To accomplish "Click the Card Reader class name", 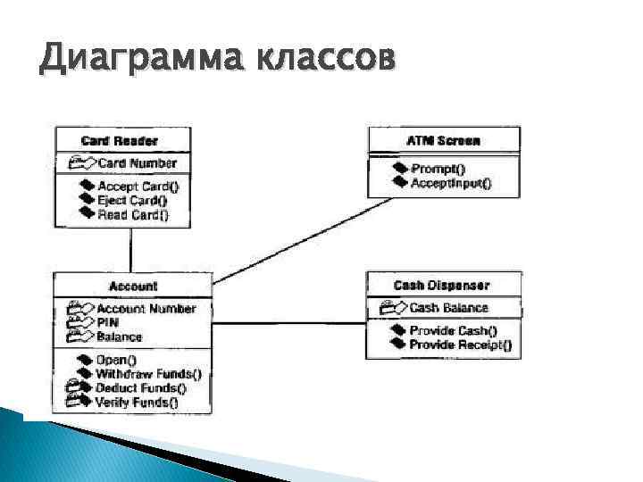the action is coord(120,141).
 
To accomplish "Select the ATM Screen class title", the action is coord(443,141).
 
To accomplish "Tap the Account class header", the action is coord(133,287).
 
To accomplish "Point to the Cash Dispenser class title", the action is coord(441,286).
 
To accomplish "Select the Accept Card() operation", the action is coord(138,187).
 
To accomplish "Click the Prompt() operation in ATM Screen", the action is coord(438,170).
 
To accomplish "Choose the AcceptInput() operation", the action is coord(450,183).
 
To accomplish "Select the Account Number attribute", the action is coord(146,309).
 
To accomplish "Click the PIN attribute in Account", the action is coord(109,322).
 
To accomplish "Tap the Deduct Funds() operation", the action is coord(141,388).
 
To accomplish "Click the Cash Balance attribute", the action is coord(448,308).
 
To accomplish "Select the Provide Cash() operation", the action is coord(453,331).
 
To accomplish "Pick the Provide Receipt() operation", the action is coord(460,345).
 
